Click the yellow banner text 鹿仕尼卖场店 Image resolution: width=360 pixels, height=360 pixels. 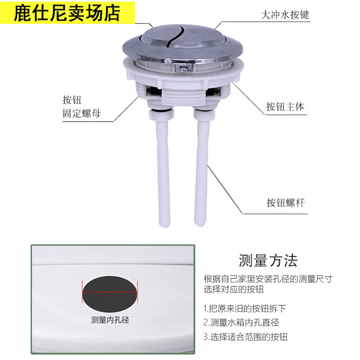(x=67, y=13)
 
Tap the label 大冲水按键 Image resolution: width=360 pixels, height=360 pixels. (x=285, y=15)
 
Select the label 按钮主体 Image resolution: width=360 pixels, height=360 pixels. (x=285, y=107)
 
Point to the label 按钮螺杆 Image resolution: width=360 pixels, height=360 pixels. (x=285, y=202)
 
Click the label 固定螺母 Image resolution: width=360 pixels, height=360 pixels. (x=81, y=113)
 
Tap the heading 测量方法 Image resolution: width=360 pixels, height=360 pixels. (x=268, y=261)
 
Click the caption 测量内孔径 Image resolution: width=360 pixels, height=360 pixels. (x=110, y=320)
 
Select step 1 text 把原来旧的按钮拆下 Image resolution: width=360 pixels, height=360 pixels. (x=245, y=309)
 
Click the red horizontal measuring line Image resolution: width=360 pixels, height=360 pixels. (x=110, y=292)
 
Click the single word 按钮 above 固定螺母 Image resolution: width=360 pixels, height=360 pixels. (x=72, y=99)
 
